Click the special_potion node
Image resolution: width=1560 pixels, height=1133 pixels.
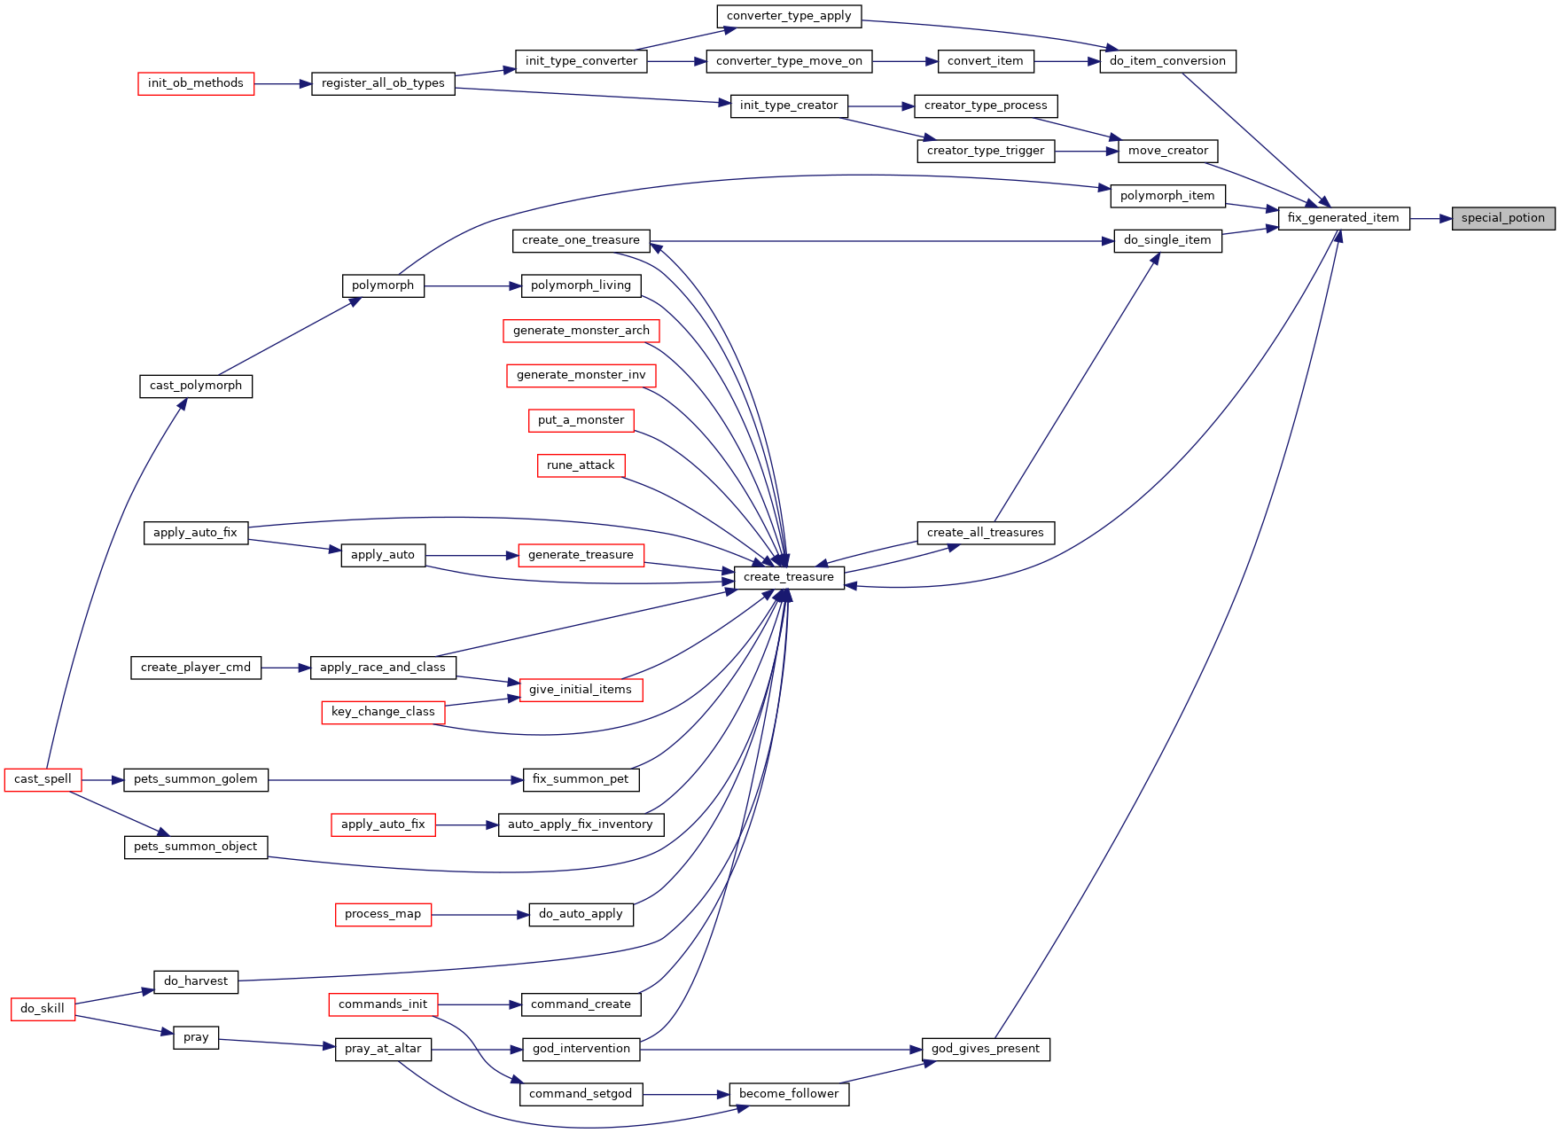(1503, 218)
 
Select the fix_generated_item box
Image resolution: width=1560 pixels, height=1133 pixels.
(1344, 218)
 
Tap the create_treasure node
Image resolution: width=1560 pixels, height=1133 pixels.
(789, 577)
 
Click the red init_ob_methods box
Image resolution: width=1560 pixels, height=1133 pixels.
(196, 83)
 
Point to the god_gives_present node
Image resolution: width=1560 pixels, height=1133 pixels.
(986, 1049)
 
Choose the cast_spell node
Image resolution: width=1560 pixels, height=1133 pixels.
(43, 779)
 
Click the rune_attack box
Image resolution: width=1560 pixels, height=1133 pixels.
(581, 465)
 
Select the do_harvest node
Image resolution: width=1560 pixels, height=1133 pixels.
(196, 981)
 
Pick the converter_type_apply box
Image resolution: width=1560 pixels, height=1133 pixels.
(789, 16)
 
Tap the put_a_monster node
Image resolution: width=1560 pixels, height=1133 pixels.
(581, 420)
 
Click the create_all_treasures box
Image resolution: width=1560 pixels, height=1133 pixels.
(986, 533)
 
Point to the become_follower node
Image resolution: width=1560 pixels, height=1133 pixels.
(789, 1094)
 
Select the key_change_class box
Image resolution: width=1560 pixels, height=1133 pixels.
(383, 712)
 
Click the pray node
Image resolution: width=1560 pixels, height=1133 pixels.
(196, 1037)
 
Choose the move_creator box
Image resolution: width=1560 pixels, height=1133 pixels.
(1168, 151)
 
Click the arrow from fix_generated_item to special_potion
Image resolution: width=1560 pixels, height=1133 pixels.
(1431, 218)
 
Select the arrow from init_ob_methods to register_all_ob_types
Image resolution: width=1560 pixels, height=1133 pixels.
(283, 84)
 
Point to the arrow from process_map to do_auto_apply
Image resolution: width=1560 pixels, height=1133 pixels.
(480, 914)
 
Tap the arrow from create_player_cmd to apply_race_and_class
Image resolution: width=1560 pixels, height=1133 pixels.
(285, 668)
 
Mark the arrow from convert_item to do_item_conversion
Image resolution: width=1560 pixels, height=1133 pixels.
(1066, 61)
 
